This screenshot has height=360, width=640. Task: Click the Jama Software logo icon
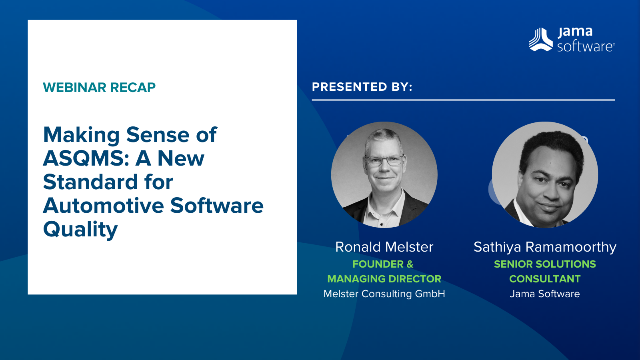(x=540, y=40)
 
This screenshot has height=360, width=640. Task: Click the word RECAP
(x=133, y=88)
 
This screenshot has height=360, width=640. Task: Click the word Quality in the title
(x=80, y=230)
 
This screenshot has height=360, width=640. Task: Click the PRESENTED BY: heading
(x=362, y=87)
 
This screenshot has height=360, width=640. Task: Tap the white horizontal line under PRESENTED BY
(x=464, y=100)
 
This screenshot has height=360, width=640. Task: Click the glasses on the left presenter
(x=385, y=160)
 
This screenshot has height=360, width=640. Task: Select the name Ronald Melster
(x=384, y=247)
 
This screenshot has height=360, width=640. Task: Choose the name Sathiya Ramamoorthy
(x=545, y=247)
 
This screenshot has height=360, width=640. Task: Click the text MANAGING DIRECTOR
(x=384, y=279)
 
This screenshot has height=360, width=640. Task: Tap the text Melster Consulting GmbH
(x=384, y=294)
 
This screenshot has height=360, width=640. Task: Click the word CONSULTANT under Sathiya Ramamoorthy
(x=545, y=279)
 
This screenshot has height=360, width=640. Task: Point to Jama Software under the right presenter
(x=545, y=294)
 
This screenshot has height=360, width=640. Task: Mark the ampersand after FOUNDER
(x=410, y=264)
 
